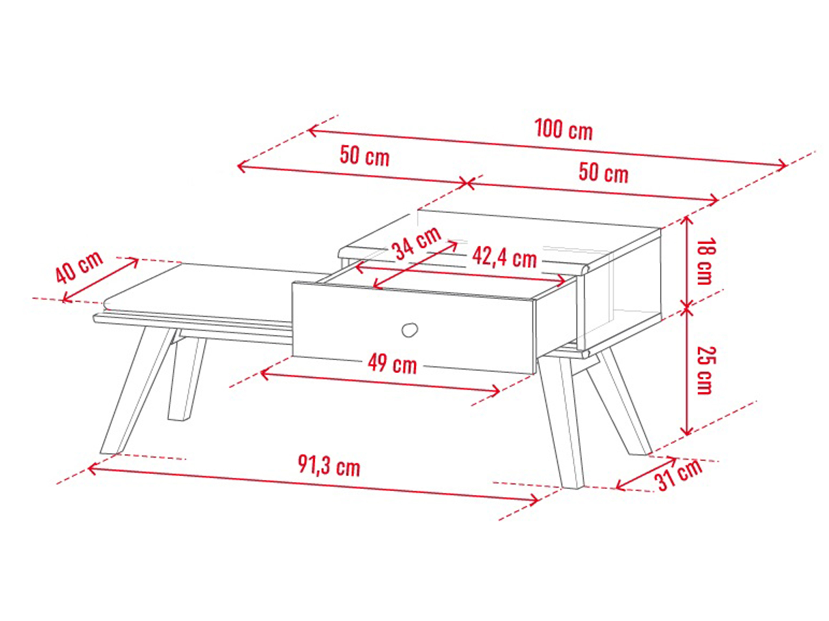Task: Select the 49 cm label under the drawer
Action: [x=392, y=363]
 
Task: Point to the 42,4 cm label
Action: [x=504, y=258]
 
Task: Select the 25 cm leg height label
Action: [x=706, y=371]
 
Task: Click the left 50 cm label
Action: [x=365, y=156]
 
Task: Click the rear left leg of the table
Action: [x=187, y=378]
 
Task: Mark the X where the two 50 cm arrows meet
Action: [x=467, y=183]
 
